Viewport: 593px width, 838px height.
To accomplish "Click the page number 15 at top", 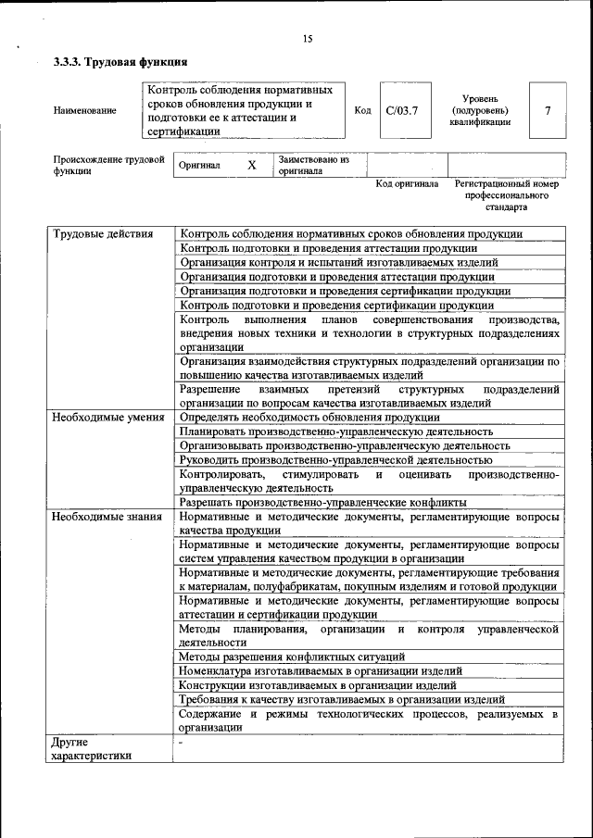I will coord(307,38).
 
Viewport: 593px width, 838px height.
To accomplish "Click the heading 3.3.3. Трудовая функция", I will coord(120,63).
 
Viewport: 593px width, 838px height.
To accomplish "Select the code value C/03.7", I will coord(402,111).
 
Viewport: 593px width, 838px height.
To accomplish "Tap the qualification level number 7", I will coord(548,111).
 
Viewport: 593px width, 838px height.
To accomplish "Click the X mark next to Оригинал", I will coord(251,165).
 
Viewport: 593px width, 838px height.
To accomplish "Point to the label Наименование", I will coord(85,111).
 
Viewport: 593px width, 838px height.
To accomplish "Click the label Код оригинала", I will coord(407,184).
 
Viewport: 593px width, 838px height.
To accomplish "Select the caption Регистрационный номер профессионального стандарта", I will coord(507,195).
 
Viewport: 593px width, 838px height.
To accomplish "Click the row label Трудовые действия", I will coord(103,234).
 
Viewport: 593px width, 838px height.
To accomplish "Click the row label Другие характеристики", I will coord(91,748).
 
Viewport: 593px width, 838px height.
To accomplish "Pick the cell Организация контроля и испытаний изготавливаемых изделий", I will coord(339,262).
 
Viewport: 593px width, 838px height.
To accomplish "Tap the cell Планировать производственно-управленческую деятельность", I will coord(335,432).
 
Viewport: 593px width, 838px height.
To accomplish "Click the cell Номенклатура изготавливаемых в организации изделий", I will coord(321,670).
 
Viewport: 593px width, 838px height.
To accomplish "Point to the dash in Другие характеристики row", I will coord(182,742).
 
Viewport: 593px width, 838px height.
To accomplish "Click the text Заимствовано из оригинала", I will coord(313,165).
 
